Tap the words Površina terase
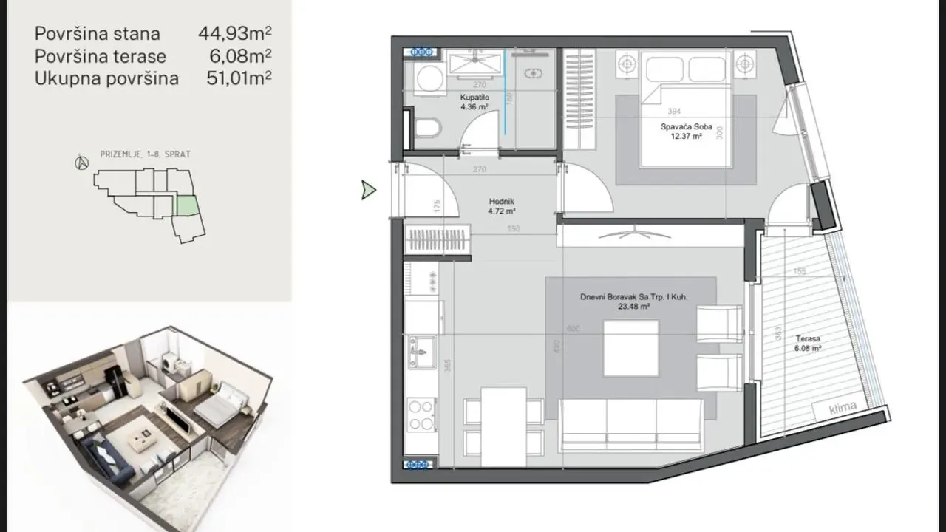tap(101, 56)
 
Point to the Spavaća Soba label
tap(686, 127)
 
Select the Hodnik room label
tap(501, 201)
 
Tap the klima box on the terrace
tap(843, 407)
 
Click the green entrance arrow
tap(368, 191)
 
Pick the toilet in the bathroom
tap(426, 130)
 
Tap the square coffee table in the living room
tap(630, 348)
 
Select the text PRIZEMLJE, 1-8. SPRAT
tap(145, 154)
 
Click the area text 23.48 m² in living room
tap(634, 307)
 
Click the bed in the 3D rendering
tap(220, 409)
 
